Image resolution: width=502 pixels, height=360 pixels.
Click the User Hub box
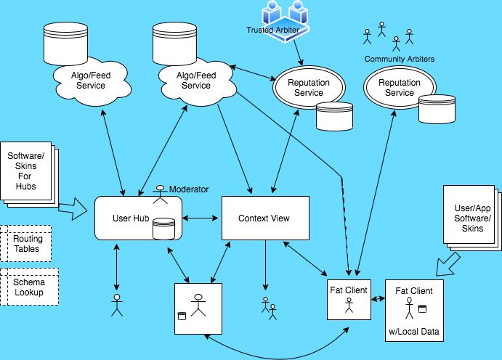(131, 218)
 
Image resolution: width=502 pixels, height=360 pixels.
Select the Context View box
(264, 218)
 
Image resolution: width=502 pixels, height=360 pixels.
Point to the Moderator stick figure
(161, 190)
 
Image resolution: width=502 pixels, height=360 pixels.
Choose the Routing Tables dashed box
(29, 244)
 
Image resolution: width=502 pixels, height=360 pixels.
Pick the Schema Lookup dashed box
(29, 287)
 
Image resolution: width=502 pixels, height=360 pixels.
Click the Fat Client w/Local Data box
(413, 311)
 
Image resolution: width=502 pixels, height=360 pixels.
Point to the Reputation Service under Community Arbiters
(399, 88)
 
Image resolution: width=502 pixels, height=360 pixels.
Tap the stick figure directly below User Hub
(117, 306)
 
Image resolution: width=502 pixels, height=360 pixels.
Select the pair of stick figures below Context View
(269, 308)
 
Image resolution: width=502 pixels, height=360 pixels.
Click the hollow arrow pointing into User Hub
(73, 211)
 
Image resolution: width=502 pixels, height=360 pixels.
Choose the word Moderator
(189, 189)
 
